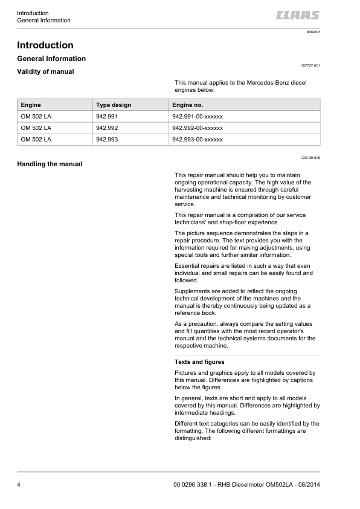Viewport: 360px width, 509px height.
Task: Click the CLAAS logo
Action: (298, 16)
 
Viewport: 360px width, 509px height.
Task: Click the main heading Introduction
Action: (45, 45)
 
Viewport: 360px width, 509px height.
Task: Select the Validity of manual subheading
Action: (46, 72)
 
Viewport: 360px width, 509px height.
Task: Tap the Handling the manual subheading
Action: (50, 164)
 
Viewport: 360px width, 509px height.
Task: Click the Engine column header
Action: (31, 105)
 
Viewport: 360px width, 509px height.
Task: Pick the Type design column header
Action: (114, 105)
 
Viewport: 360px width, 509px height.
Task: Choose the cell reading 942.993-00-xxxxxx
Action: (198, 140)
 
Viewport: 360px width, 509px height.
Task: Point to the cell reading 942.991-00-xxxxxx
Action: (198, 117)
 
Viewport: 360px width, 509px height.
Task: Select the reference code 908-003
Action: (313, 31)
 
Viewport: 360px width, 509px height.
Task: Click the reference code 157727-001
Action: (310, 65)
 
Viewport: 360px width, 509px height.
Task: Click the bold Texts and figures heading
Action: (199, 362)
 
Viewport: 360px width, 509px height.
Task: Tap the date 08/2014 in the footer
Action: (307, 486)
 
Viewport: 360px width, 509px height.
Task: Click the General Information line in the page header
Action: (43, 21)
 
